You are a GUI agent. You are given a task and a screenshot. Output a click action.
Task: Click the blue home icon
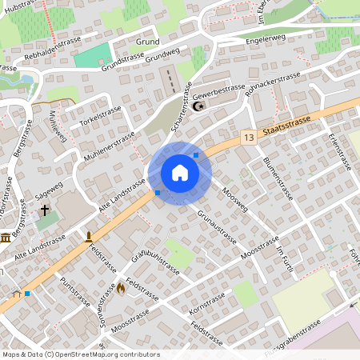(x=180, y=172)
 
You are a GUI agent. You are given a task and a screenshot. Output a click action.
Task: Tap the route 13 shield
(x=250, y=138)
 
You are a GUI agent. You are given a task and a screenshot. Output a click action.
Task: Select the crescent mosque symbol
(x=199, y=104)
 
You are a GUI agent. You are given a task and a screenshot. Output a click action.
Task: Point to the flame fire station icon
(x=121, y=286)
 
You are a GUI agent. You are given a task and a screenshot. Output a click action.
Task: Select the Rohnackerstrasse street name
(x=273, y=85)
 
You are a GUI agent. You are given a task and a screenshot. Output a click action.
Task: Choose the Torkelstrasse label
(x=100, y=114)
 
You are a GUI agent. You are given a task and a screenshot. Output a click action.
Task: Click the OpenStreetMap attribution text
(x=81, y=354)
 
